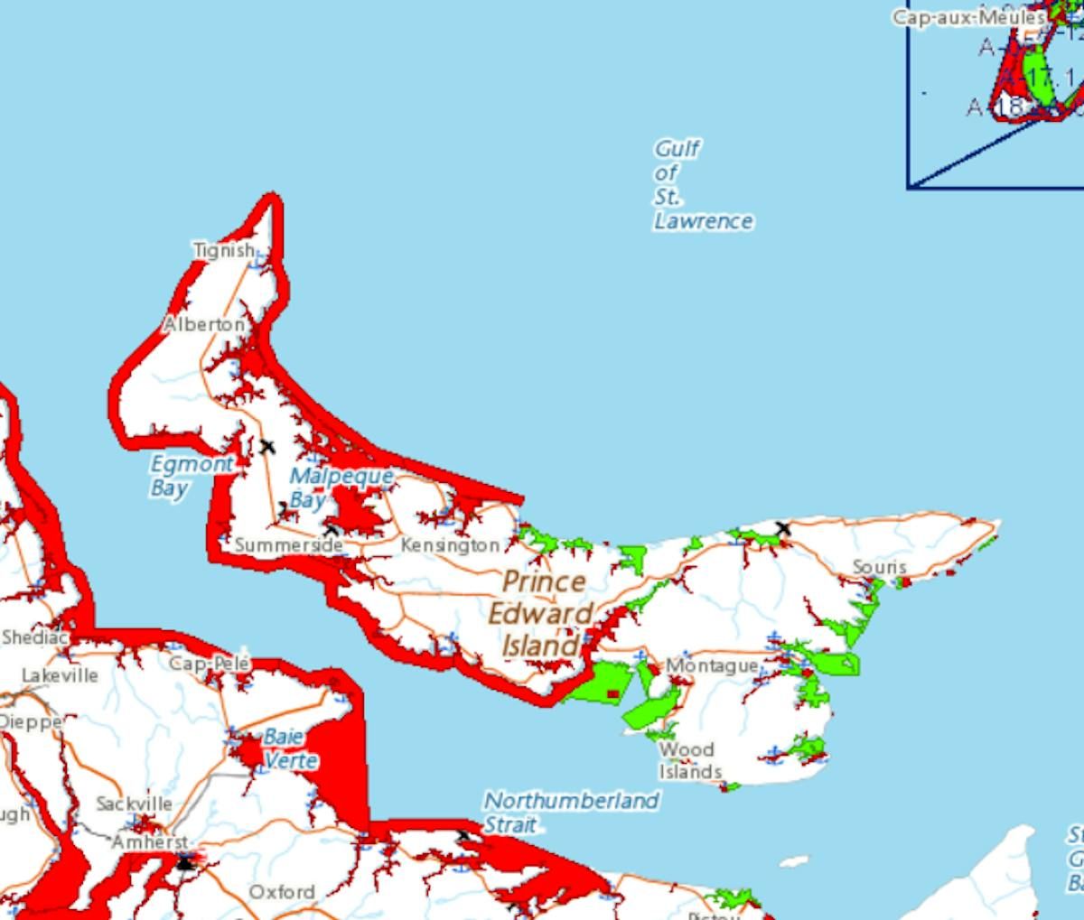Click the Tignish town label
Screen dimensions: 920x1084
point(224,250)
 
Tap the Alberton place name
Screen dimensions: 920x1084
point(204,324)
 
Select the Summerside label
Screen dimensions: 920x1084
point(288,545)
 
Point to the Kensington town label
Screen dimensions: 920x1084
point(450,545)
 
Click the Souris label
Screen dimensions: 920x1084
point(880,567)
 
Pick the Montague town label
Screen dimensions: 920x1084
point(712,665)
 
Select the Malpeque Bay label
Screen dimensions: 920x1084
point(341,487)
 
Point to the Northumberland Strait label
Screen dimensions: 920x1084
point(571,812)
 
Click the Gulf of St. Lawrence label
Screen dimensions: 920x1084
point(702,184)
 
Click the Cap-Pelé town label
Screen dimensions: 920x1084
point(210,664)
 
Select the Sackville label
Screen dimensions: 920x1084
point(134,804)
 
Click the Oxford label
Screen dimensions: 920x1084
point(282,892)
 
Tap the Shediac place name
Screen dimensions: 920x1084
point(34,637)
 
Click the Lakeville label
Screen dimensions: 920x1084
point(60,675)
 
